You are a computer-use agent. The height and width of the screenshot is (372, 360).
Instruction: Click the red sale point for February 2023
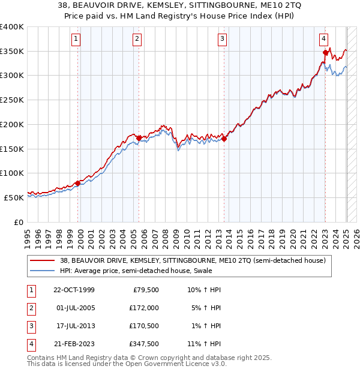(325, 53)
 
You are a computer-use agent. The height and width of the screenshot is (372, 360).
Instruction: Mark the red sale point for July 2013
(224, 139)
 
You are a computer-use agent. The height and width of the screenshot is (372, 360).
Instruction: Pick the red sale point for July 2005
(139, 138)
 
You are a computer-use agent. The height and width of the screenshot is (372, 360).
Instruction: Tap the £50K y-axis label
(14, 197)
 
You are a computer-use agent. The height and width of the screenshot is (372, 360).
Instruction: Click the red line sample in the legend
(42, 260)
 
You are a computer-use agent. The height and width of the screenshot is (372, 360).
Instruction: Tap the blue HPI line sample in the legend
(42, 271)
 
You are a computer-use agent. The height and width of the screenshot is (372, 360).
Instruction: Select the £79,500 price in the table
(145, 290)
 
